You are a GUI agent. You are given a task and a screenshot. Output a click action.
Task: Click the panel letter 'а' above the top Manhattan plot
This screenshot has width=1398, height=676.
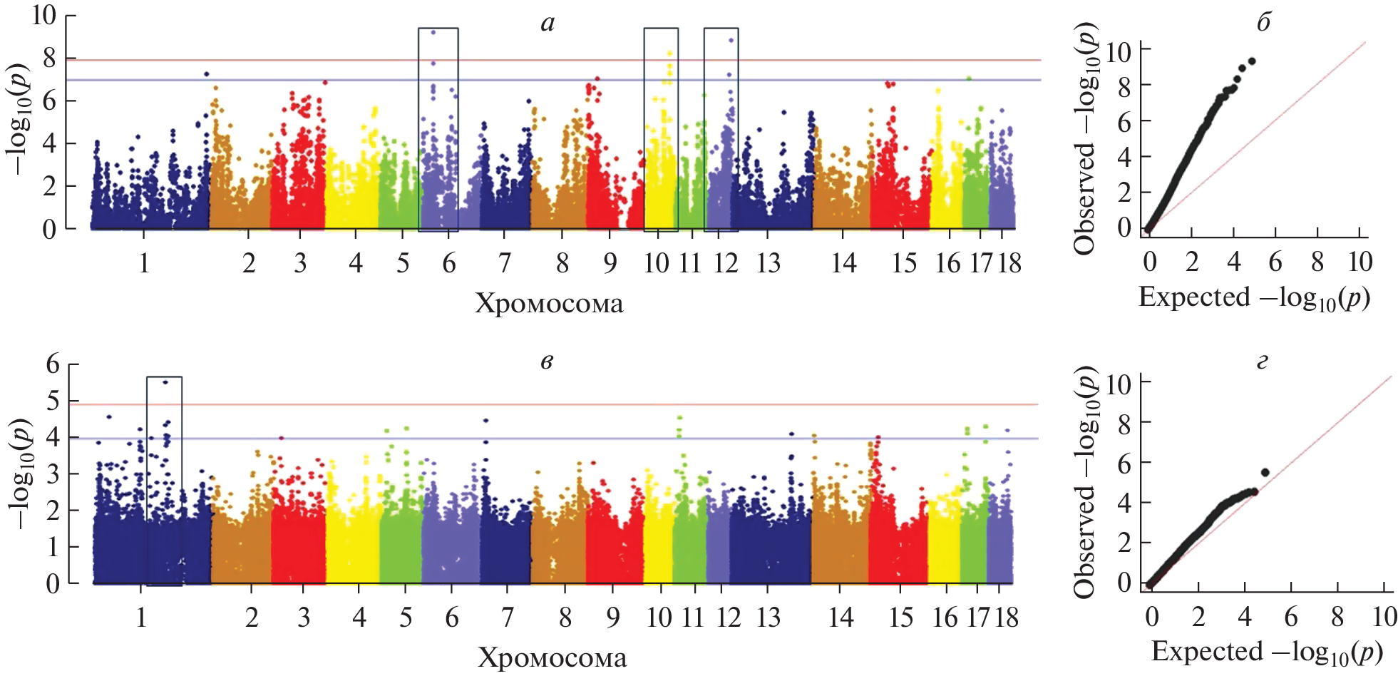548,24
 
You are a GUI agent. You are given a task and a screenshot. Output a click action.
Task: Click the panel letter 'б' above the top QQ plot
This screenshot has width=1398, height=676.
1263,23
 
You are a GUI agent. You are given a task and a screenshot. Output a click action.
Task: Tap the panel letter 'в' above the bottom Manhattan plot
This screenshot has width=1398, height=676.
546,362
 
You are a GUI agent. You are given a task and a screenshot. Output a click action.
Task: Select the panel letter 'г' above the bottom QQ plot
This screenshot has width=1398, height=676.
1263,363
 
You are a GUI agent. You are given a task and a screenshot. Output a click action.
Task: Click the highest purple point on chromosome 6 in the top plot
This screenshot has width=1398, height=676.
433,33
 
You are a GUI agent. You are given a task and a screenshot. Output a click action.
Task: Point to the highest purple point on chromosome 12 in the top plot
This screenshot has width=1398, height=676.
731,41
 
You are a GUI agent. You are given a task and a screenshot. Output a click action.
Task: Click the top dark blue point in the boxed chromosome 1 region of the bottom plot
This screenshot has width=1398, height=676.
165,382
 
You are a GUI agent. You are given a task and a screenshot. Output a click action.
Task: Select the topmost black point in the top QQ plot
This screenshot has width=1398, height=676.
1252,61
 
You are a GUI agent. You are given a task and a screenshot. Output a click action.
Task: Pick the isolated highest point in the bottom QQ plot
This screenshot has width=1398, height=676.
1265,472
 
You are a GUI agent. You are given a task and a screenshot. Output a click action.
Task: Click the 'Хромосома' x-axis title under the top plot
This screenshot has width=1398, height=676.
549,304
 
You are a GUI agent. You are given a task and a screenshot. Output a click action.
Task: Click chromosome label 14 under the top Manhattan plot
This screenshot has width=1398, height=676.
843,263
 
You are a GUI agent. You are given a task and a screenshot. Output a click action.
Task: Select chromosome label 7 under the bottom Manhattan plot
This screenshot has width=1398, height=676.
507,617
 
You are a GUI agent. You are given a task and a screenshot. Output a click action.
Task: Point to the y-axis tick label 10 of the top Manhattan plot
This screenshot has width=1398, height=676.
43,15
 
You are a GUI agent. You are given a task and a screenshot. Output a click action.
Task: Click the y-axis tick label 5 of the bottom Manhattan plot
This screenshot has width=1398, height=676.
53,401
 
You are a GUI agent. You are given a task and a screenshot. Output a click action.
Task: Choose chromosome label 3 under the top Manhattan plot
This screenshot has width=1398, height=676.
300,263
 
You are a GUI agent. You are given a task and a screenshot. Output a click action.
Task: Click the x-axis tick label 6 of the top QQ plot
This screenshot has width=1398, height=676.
1275,262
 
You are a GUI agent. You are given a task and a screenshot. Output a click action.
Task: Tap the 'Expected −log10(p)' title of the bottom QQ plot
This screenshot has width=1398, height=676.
1267,652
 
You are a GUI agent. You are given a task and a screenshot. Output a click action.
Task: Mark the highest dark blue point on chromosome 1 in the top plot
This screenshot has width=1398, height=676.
207,74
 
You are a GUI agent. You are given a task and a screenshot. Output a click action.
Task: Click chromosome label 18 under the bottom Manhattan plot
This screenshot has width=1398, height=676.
1007,617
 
